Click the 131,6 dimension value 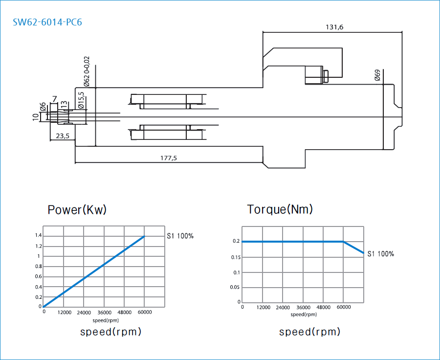334,27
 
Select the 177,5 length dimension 169,158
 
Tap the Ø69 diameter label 377,75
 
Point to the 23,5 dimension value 62,136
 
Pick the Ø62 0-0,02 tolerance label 87,71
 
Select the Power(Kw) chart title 77,210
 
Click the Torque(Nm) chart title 280,209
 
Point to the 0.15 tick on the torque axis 235,257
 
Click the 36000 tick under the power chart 104,312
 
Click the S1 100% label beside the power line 180,236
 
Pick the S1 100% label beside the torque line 380,254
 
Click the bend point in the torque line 343,242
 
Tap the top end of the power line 144,236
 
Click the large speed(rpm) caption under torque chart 309,332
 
